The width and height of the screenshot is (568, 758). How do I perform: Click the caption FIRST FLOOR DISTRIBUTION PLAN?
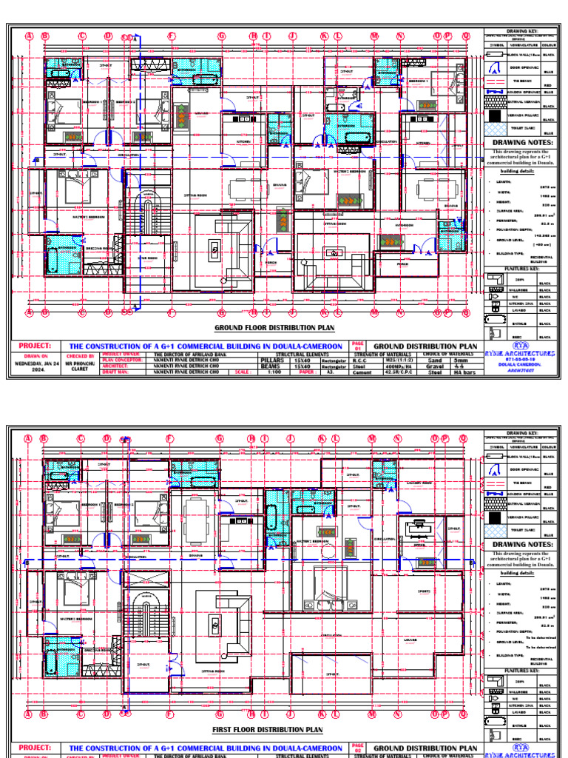(268, 729)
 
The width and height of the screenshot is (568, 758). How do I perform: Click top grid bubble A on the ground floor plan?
(30, 35)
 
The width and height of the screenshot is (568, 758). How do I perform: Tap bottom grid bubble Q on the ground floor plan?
(465, 312)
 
